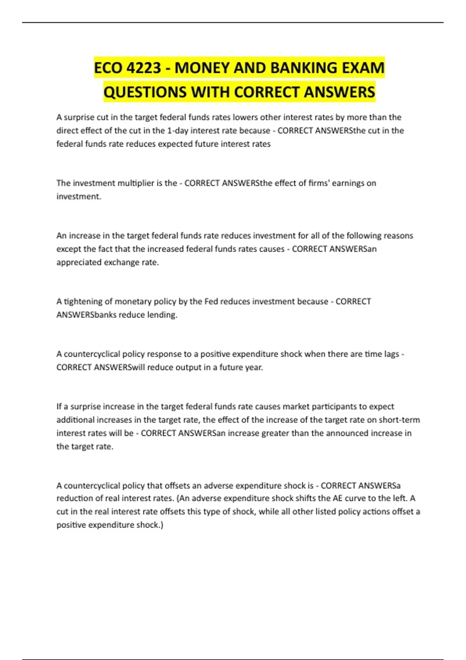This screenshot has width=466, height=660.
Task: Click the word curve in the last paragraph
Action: point(355,498)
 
